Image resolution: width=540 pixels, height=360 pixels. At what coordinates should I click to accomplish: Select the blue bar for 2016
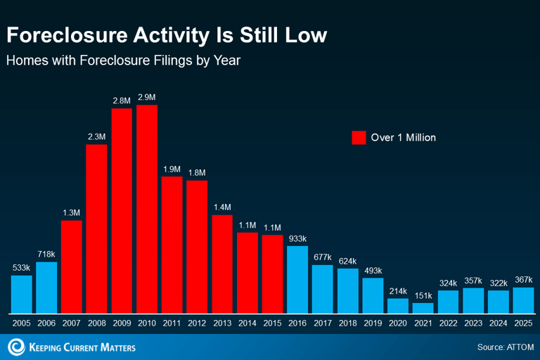(297, 280)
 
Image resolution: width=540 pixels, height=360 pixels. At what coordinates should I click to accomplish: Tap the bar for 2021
(423, 308)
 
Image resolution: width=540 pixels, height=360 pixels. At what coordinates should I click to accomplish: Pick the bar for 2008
(96, 229)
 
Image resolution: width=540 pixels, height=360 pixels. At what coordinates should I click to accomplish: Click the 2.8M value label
(122, 101)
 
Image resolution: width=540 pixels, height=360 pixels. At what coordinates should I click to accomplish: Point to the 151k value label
(423, 295)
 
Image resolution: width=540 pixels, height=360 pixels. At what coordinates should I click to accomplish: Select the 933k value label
(297, 238)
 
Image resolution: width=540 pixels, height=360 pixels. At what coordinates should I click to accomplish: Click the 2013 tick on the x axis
(222, 324)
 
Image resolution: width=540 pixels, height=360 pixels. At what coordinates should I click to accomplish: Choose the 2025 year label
(523, 324)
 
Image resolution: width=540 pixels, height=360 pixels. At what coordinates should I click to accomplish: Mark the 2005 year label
(21, 324)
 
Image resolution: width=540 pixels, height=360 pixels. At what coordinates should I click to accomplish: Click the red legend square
(359, 137)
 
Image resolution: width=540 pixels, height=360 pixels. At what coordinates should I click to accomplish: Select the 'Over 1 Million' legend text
(404, 138)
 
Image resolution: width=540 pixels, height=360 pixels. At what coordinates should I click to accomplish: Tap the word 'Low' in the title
(307, 35)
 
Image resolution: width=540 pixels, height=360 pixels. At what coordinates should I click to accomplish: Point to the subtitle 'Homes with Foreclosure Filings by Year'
(123, 60)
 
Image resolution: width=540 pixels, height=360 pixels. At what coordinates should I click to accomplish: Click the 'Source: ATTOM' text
(505, 347)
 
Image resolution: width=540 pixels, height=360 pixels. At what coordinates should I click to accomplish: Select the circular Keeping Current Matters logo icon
(15, 347)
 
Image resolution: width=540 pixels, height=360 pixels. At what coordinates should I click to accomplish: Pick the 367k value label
(523, 280)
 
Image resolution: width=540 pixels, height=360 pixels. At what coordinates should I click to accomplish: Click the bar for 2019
(373, 295)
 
